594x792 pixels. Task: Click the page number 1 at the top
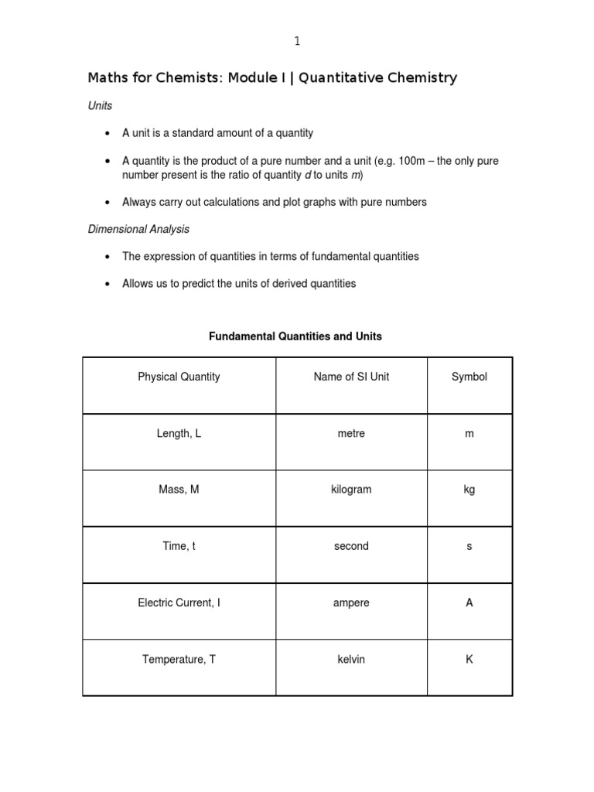297,40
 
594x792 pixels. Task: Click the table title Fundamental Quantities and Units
295,336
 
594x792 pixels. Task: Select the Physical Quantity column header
179,377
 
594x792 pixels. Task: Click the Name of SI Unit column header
351,377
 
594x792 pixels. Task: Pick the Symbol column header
469,377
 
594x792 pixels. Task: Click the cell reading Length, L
179,433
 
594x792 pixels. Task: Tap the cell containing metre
351,433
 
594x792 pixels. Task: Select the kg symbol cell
469,490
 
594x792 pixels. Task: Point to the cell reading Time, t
179,546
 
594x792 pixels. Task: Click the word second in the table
351,546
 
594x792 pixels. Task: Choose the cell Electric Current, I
179,603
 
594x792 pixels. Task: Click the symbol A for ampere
469,603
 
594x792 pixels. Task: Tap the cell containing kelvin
351,659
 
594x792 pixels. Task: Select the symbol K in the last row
469,659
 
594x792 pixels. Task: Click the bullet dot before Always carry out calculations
107,203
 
